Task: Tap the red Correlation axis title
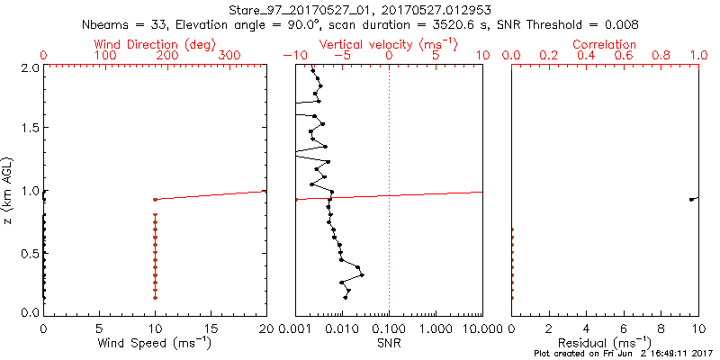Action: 605,43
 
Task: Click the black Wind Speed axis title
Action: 155,342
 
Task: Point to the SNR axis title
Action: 390,342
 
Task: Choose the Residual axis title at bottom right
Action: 605,342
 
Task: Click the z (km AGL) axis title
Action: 10,190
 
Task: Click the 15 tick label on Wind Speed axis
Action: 211,328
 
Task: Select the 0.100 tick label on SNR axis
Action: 390,328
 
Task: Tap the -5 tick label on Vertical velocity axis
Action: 341,56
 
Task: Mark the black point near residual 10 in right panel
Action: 691,199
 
